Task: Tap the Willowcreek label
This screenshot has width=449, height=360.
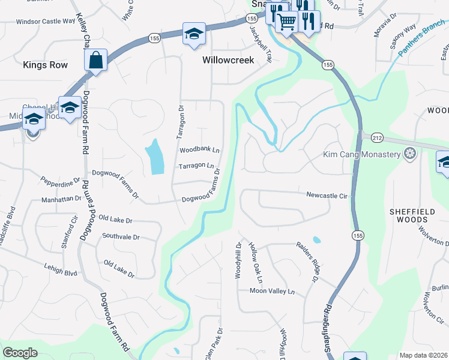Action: pyautogui.click(x=228, y=60)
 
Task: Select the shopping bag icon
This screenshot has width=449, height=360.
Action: pyautogui.click(x=96, y=60)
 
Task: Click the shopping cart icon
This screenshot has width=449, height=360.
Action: pyautogui.click(x=287, y=22)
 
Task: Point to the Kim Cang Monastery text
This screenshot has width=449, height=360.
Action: pyautogui.click(x=361, y=155)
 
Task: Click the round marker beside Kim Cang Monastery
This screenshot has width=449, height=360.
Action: pyautogui.click(x=411, y=154)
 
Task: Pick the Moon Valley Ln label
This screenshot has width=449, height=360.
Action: pyautogui.click(x=273, y=292)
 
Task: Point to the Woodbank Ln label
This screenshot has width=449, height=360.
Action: pyautogui.click(x=199, y=150)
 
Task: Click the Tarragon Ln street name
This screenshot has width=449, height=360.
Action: pyautogui.click(x=196, y=166)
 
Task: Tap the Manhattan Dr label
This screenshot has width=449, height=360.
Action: pyautogui.click(x=61, y=199)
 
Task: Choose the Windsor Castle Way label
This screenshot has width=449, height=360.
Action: pyautogui.click(x=45, y=21)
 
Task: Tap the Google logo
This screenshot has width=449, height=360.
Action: pyautogui.click(x=20, y=353)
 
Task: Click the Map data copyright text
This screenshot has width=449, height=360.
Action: pyautogui.click(x=423, y=355)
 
